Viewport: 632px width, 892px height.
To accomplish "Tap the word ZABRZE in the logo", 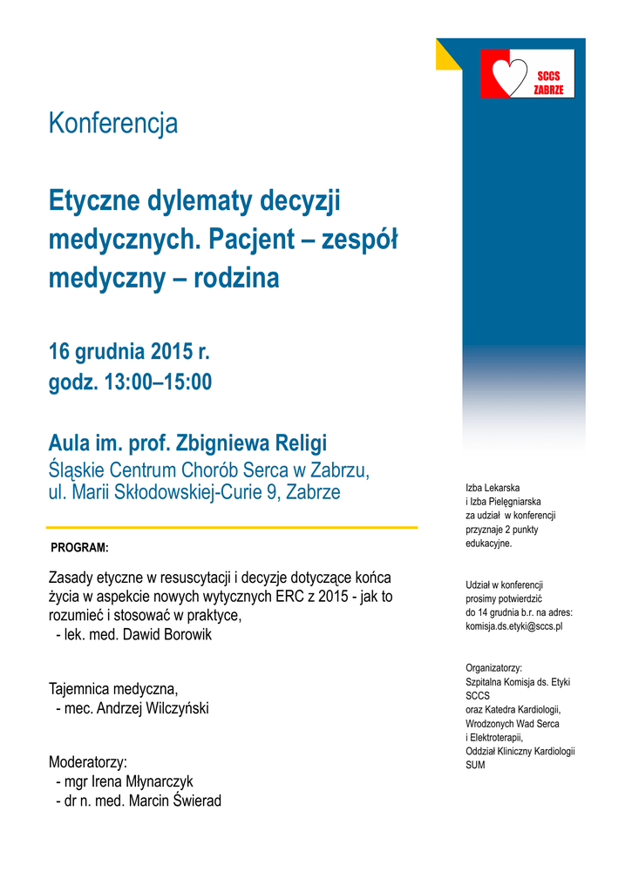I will (548, 90).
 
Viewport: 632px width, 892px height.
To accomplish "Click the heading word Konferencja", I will (113, 124).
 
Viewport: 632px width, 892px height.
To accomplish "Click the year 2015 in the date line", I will (170, 353).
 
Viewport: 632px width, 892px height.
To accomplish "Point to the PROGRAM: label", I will (79, 548).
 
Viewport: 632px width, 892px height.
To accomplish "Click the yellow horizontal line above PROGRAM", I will (231, 527).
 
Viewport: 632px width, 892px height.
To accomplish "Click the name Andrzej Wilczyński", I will (153, 708).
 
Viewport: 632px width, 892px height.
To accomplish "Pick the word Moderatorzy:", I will (88, 762).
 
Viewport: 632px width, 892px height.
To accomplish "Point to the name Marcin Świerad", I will (174, 801).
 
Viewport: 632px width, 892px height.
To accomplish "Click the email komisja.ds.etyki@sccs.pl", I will (513, 625).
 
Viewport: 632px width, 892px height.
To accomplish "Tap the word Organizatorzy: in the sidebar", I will (493, 667).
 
